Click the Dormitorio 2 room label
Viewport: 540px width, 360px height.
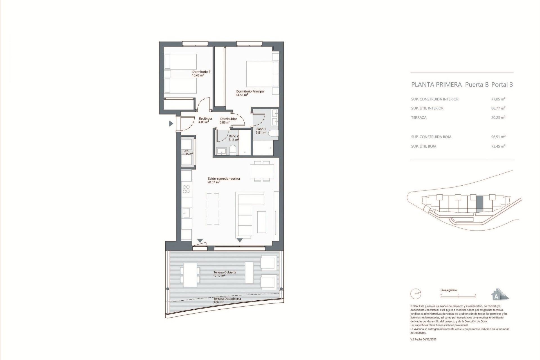(201, 72)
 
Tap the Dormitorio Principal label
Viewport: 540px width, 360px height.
(250, 91)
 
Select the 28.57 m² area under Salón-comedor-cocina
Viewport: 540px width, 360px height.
(213, 182)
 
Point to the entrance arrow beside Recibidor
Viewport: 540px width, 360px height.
(171, 123)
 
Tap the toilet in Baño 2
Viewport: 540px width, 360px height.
(233, 150)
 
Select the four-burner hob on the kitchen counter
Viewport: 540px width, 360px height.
(186, 189)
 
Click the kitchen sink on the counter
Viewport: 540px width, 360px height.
(186, 213)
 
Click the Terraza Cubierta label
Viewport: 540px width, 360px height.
(225, 272)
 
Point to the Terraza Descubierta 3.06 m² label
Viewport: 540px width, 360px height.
(227, 300)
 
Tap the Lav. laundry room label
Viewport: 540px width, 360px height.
(186, 150)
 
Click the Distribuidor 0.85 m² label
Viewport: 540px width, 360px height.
(228, 120)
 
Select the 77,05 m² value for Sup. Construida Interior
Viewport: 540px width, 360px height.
(498, 99)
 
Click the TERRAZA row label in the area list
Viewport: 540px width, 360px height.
(419, 118)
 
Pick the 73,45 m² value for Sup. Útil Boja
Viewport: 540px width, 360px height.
(498, 146)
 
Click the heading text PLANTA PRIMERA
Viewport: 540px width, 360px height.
(436, 85)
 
